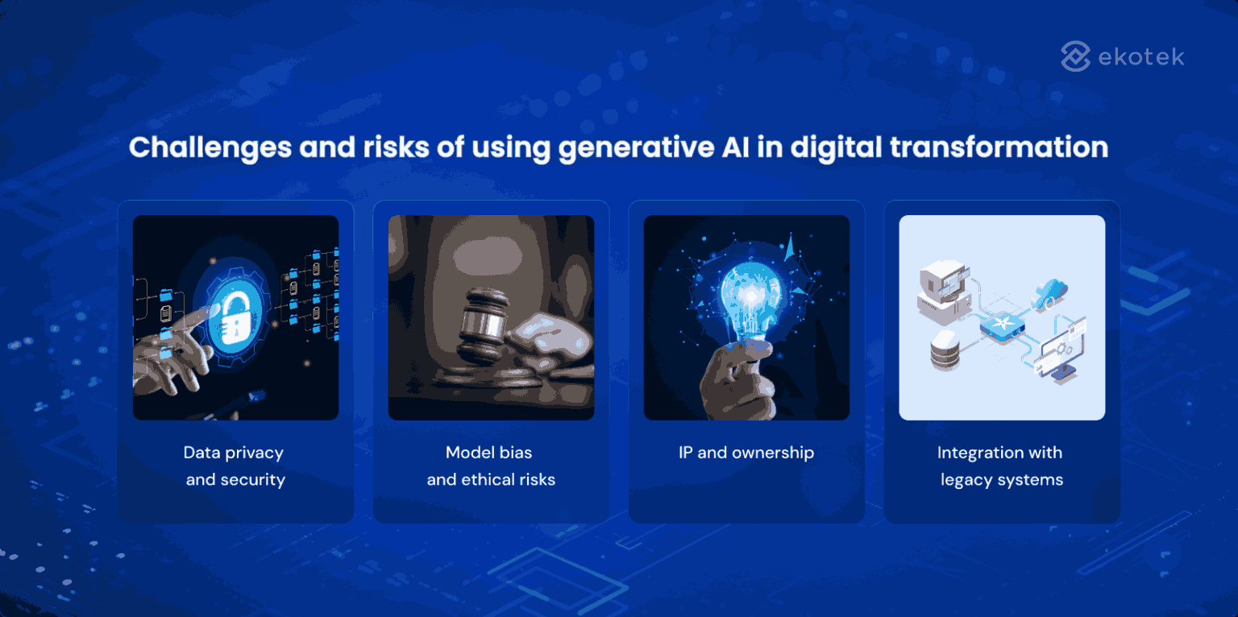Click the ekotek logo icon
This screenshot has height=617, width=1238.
pyautogui.click(x=1075, y=57)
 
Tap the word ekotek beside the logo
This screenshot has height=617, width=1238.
pyautogui.click(x=1141, y=57)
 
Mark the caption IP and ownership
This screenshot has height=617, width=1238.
pyautogui.click(x=746, y=453)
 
